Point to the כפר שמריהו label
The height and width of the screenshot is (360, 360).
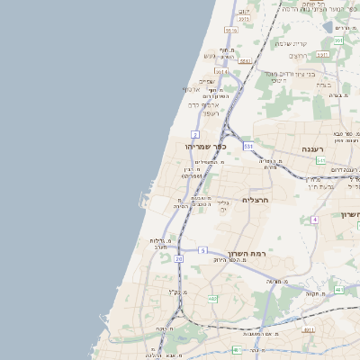tap(206, 146)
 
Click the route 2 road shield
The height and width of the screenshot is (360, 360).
tap(195, 134)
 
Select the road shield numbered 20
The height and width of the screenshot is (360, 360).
tap(179, 259)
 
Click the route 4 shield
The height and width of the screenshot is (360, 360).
tap(315, 219)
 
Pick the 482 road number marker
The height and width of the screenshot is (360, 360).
tap(212, 298)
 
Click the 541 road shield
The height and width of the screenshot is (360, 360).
tap(320, 160)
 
